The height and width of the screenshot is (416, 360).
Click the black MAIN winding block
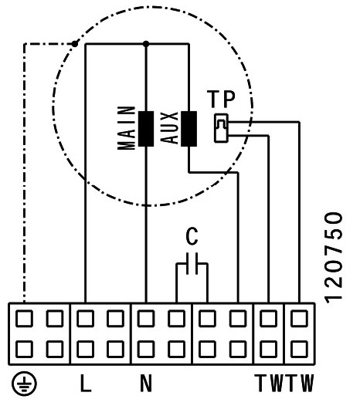pyautogui.click(x=146, y=129)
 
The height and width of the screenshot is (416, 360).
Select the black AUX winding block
pyautogui.click(x=188, y=129)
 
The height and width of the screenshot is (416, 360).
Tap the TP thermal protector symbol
pyautogui.click(x=221, y=128)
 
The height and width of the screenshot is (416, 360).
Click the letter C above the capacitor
pyautogui.click(x=192, y=236)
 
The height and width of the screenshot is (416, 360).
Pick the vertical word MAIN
pyautogui.click(x=127, y=128)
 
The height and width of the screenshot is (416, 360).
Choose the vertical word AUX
pyautogui.click(x=169, y=128)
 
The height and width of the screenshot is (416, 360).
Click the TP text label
pyautogui.click(x=221, y=99)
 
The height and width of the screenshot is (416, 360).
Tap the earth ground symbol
pyautogui.click(x=24, y=384)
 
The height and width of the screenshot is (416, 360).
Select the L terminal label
pyautogui.click(x=86, y=383)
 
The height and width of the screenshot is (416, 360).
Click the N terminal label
pyautogui.click(x=146, y=383)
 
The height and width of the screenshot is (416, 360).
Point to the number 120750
pyautogui.click(x=334, y=257)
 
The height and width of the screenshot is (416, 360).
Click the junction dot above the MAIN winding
pyautogui.click(x=146, y=44)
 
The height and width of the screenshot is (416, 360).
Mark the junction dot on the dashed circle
pyautogui.click(x=75, y=43)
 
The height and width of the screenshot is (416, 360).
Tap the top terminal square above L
pyautogui.click(x=85, y=318)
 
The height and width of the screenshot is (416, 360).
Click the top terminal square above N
pyautogui.click(x=146, y=318)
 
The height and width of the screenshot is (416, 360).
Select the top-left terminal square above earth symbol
pyautogui.click(x=24, y=318)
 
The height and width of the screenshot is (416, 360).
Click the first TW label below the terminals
pyautogui.click(x=269, y=383)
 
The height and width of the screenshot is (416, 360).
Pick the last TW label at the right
pyautogui.click(x=299, y=383)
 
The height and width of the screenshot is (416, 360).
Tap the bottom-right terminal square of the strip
pyautogui.click(x=299, y=349)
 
